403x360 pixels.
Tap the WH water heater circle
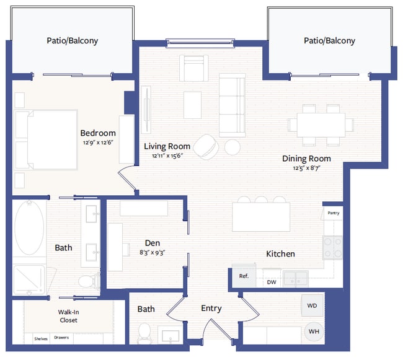click(314, 331)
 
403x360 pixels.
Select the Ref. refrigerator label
click(244, 276)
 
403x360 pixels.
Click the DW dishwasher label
click(271, 282)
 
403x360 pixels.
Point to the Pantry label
click(333, 213)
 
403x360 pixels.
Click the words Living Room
click(167, 146)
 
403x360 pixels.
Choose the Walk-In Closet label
click(69, 316)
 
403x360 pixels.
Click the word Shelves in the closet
click(40, 338)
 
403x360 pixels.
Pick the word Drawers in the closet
click(61, 338)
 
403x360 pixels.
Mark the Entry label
click(211, 308)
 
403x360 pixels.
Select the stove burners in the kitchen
click(333, 248)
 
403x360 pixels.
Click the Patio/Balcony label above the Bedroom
click(73, 41)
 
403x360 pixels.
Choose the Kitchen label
click(280, 254)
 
